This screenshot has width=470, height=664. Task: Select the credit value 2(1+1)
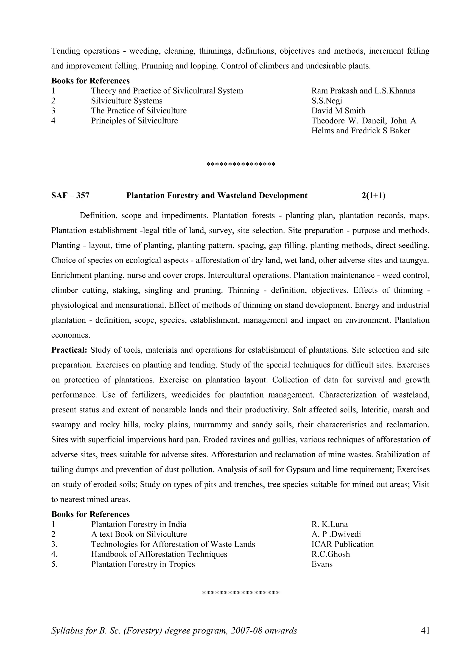373,196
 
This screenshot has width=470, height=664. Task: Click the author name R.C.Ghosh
330,554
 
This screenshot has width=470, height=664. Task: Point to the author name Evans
322,564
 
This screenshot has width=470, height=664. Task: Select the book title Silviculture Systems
126,101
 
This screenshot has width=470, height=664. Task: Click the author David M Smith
338,111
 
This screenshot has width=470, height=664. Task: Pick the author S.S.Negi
326,101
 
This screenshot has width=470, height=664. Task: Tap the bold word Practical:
69,350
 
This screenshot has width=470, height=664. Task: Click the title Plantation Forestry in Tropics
143,564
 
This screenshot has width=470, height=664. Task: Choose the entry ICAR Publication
342,544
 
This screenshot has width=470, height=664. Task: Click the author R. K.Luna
329,524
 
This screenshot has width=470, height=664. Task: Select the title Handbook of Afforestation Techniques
159,554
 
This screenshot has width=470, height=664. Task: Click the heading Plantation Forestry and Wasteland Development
217,196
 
